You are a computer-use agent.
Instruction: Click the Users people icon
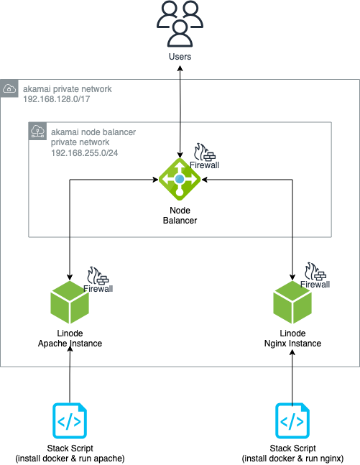180,24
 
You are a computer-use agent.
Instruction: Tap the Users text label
180,56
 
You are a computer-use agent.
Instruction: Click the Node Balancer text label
179,216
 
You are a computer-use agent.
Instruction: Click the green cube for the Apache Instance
69,305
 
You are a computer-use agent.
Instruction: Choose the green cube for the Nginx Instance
292,305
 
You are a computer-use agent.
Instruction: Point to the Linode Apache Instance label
70,339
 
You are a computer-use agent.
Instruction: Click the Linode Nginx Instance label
292,339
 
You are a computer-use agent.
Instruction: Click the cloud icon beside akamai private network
9,88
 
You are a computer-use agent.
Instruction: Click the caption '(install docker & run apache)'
70,458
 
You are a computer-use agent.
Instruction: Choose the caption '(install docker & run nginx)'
292,458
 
